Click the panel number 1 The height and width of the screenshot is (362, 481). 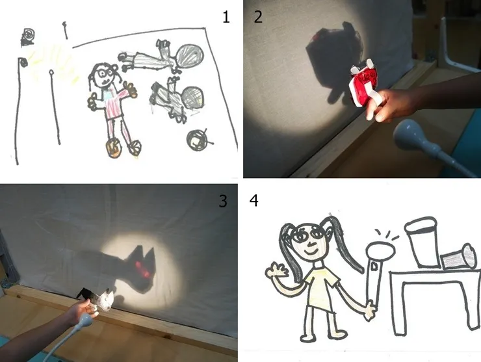click(226, 17)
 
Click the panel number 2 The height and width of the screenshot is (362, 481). click(258, 17)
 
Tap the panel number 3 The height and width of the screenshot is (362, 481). click(223, 201)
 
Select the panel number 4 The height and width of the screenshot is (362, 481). click(254, 201)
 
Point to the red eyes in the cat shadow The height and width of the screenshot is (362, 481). click(143, 268)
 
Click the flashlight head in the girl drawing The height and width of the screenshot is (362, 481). click(381, 250)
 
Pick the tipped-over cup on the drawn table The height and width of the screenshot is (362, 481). click(460, 257)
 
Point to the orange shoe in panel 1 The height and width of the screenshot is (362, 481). click(114, 148)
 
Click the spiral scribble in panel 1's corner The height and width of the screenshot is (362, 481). click(28, 37)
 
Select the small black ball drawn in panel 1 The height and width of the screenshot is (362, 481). click(198, 140)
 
